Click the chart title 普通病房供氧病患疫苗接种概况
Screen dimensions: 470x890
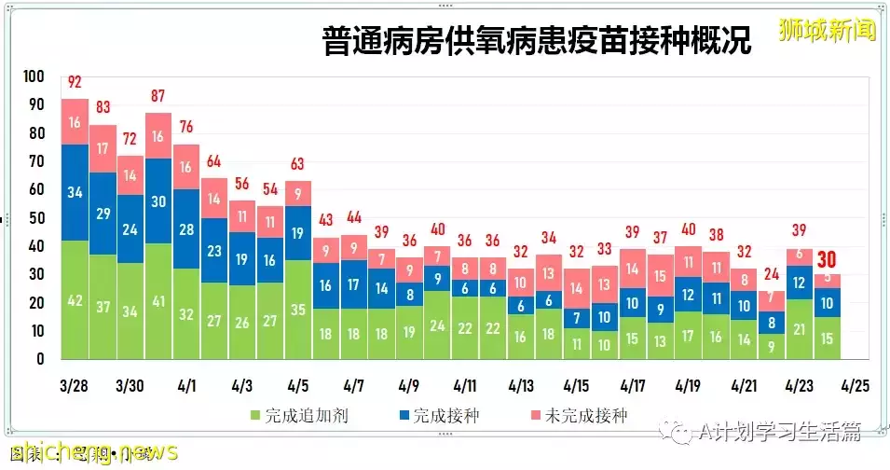[x=536, y=40]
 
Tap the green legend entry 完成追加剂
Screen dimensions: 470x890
[x=295, y=415]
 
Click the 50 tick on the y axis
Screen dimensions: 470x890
[x=36, y=218]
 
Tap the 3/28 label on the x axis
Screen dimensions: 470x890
[x=75, y=385]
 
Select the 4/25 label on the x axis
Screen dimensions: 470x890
[x=856, y=385]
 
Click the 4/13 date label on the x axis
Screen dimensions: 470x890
[x=521, y=385]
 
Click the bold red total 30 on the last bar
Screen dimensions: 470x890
[x=828, y=259]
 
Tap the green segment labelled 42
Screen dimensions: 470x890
[x=75, y=301]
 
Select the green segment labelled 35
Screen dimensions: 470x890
[x=298, y=311]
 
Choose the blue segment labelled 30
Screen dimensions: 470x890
[x=158, y=201]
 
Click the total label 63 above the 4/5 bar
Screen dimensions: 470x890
[x=298, y=164]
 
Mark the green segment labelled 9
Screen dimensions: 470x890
[x=772, y=346]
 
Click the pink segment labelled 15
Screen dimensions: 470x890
[x=661, y=276]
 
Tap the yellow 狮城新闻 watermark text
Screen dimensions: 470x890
[x=828, y=29]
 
